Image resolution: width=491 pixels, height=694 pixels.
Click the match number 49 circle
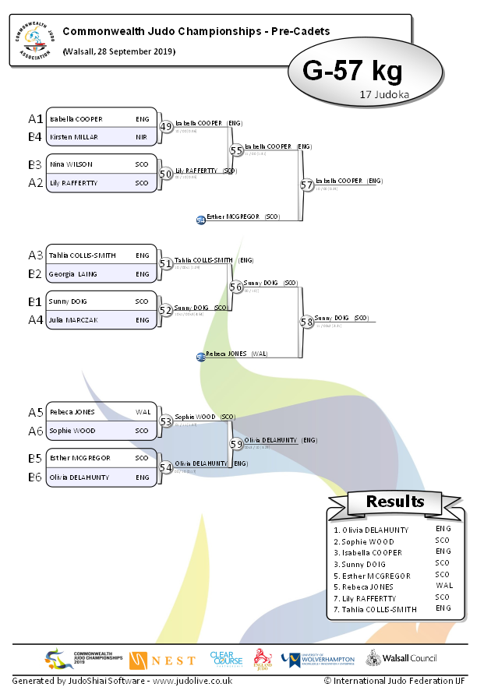click(x=166, y=126)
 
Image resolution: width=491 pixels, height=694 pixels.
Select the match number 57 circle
click(x=307, y=185)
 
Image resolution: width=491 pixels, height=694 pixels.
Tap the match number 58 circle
click(x=307, y=321)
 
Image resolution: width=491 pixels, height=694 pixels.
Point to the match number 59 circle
click(x=236, y=443)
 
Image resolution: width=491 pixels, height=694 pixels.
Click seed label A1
click(x=35, y=119)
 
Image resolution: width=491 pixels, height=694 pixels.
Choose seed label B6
click(x=35, y=477)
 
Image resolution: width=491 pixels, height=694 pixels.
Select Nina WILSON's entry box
click(x=101, y=164)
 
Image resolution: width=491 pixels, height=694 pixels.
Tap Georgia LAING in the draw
click(x=74, y=274)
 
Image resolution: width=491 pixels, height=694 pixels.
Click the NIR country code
click(x=142, y=137)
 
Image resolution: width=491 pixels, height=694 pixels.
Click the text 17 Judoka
click(x=385, y=94)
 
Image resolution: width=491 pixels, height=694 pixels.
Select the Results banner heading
click(x=395, y=502)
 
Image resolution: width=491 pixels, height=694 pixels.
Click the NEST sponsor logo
click(x=163, y=660)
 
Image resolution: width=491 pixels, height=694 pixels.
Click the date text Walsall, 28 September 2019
click(x=118, y=51)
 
